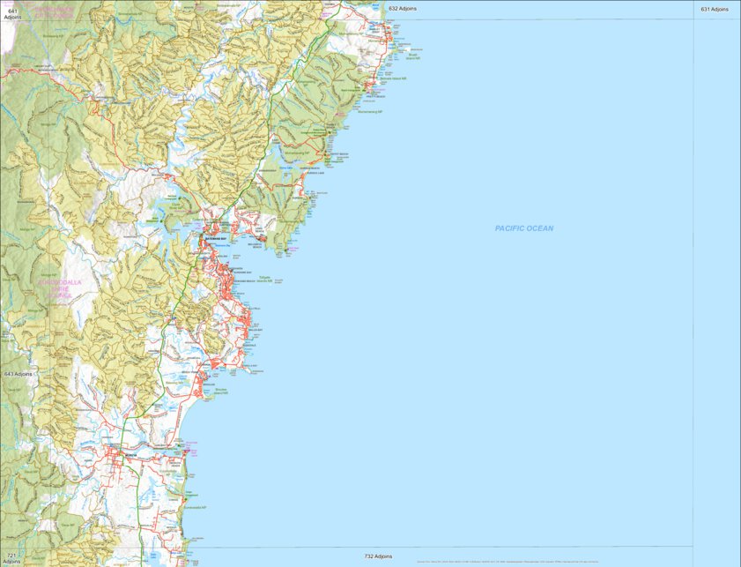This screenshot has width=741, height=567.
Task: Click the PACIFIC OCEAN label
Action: (x=524, y=228)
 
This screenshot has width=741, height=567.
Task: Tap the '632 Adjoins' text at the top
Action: (x=403, y=8)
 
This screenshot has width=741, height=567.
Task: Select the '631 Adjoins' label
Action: (x=715, y=9)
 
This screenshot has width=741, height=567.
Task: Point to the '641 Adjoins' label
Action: (x=12, y=13)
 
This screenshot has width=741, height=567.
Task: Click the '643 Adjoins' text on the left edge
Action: (x=18, y=374)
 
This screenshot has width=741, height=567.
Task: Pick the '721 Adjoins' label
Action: (x=11, y=558)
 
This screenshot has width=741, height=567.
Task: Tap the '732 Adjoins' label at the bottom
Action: (x=378, y=556)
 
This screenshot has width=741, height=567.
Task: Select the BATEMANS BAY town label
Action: (x=216, y=239)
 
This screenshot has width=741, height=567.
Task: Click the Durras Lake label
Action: (x=285, y=168)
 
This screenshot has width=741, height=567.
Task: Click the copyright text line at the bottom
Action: (x=507, y=561)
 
